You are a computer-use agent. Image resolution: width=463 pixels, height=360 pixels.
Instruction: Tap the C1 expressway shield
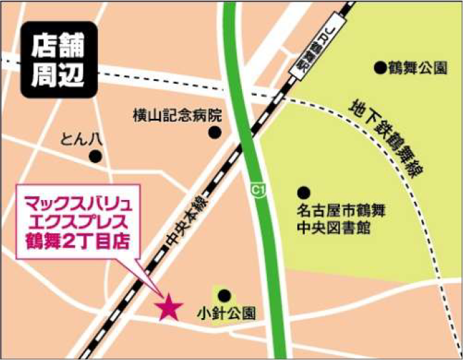pyautogui.click(x=255, y=191)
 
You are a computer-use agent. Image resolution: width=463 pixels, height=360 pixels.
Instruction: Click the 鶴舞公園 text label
pyautogui.click(x=420, y=68)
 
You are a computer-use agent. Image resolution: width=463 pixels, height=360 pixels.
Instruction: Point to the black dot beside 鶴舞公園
pyautogui.click(x=380, y=68)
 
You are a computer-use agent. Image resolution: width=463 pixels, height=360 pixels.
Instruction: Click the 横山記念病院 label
pyautogui.click(x=177, y=115)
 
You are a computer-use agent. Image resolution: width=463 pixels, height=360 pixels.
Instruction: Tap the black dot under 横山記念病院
pyautogui.click(x=214, y=133)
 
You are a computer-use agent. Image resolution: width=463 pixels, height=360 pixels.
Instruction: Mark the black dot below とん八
pyautogui.click(x=95, y=156)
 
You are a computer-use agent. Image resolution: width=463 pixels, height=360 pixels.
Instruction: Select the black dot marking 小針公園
pyautogui.click(x=224, y=294)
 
